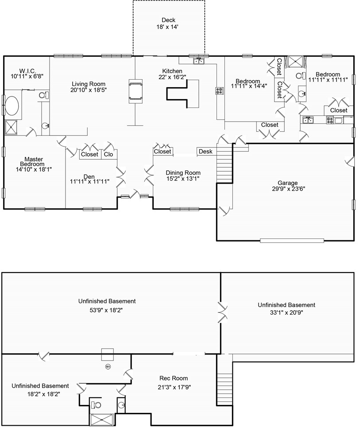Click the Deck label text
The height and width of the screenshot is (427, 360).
click(168, 20)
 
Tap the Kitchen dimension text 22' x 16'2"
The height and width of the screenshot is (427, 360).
click(172, 77)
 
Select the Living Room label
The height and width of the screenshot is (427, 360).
click(88, 84)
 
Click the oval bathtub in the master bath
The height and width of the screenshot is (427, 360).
click(12, 106)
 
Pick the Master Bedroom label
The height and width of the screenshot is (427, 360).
click(34, 162)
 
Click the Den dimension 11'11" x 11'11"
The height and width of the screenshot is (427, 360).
click(89, 181)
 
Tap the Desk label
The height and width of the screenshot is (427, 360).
click(205, 151)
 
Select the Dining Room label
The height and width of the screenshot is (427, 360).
click(183, 173)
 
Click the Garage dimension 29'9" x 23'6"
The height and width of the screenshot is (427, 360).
click(288, 188)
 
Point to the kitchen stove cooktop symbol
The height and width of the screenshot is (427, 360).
click(219, 91)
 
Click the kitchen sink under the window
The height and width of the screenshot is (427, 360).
click(199, 61)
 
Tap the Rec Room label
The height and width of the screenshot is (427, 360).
click(174, 378)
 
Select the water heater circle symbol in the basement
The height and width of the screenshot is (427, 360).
click(108, 366)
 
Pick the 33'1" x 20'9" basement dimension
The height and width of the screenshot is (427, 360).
click(286, 312)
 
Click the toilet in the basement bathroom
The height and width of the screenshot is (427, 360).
click(96, 405)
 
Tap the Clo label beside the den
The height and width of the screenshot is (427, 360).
click(108, 154)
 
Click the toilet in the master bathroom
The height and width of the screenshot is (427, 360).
click(43, 95)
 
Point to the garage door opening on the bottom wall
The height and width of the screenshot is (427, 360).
click(292, 241)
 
